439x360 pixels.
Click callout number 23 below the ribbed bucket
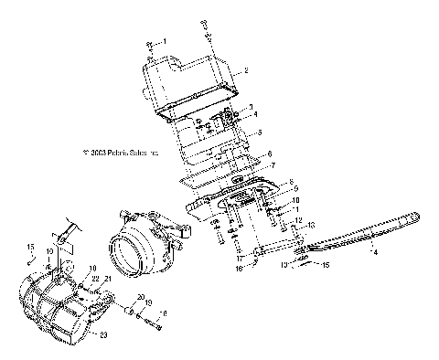click(x=102, y=334)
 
